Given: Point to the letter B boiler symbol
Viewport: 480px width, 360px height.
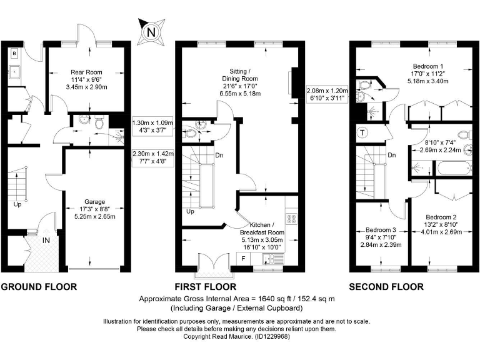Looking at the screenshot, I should (x=13, y=54).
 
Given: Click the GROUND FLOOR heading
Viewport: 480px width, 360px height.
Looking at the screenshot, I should (x=39, y=287).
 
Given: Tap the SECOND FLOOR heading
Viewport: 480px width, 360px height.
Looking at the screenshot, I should (x=386, y=287).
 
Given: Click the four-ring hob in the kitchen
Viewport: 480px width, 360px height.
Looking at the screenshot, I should (x=291, y=219).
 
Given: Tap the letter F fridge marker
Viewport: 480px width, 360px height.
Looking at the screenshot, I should (x=244, y=257).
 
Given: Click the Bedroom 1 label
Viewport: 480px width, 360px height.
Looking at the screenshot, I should (x=428, y=66).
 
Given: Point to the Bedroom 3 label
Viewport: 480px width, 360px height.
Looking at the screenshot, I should (x=382, y=229).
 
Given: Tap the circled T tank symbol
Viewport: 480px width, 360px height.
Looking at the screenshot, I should (x=362, y=132).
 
